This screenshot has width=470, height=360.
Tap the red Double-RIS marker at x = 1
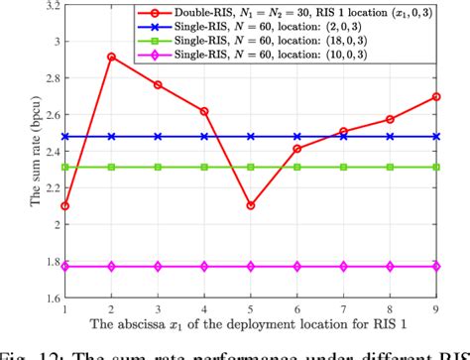pos(64,205)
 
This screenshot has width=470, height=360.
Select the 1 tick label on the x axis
pos(64,308)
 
